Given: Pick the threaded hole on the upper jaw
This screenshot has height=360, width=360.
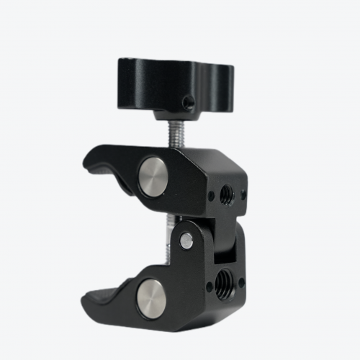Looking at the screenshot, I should [x=225, y=193].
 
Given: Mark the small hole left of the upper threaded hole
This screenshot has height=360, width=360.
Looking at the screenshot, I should [x=211, y=194].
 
